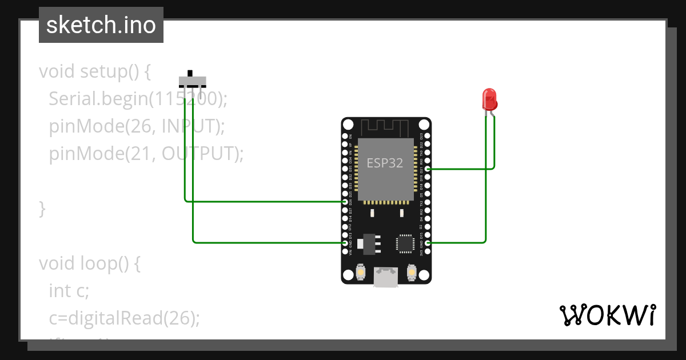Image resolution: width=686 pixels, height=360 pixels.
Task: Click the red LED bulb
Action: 489,99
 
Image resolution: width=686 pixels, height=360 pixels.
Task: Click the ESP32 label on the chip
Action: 385,163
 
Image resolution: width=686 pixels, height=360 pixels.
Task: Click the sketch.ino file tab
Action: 101,25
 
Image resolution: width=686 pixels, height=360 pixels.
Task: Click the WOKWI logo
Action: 607,315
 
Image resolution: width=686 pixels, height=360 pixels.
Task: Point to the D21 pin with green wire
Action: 428,169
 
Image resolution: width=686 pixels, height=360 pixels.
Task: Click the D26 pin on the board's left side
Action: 345,202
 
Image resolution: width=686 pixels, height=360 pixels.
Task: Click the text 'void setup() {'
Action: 95,72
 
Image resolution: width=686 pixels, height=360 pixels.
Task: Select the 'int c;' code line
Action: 69,291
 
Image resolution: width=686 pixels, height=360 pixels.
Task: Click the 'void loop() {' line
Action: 89,263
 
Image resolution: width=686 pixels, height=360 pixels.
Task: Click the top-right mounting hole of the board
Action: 424,125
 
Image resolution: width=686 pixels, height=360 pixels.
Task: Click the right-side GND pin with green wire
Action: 428,243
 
